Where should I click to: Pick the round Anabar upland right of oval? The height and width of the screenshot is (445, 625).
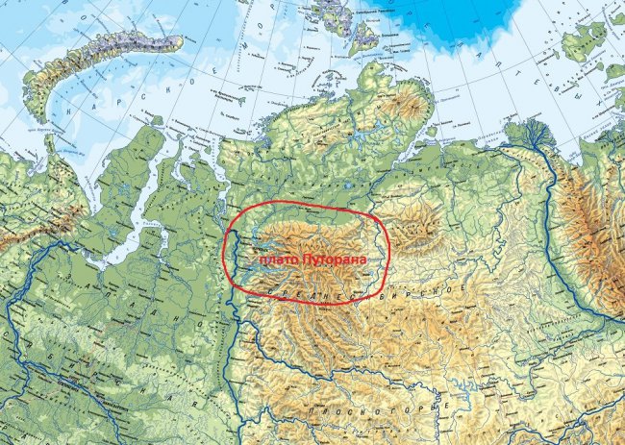click(413, 231)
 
